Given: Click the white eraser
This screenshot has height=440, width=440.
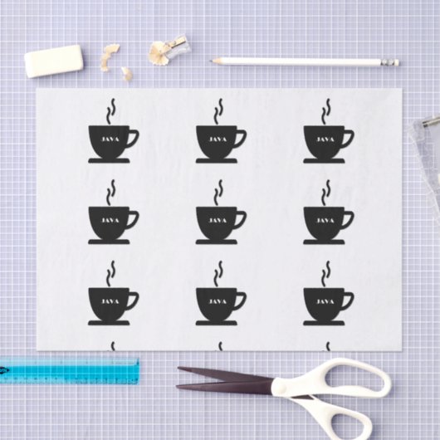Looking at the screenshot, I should click(x=53, y=61).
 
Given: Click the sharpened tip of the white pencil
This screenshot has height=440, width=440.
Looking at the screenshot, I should click(x=215, y=61).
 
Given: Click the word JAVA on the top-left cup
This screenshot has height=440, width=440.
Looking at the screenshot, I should click(x=109, y=139).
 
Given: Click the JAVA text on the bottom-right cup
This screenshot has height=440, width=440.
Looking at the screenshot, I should click(x=324, y=300).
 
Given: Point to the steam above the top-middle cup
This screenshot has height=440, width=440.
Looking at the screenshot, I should click(x=219, y=111).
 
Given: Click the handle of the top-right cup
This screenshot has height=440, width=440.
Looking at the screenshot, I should click(x=345, y=138).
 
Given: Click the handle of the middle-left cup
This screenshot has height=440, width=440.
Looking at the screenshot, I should click(x=131, y=219).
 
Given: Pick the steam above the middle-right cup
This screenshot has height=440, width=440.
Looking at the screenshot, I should click(x=326, y=193).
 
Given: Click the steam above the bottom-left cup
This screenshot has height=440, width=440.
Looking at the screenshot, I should click(x=110, y=273).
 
